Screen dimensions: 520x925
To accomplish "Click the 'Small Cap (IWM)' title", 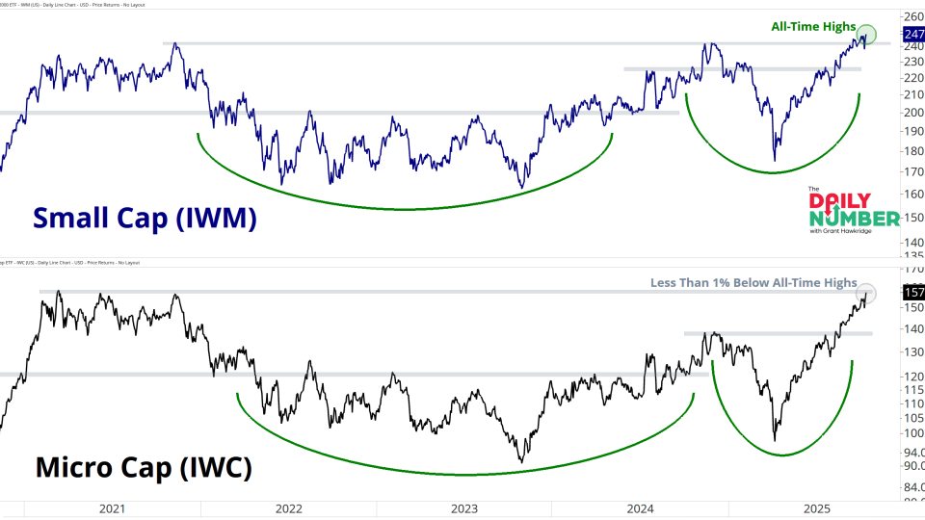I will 145,218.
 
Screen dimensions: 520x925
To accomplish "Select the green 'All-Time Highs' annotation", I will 813,26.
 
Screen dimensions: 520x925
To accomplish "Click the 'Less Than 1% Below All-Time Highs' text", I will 753,282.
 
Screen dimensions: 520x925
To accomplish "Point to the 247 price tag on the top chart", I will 912,34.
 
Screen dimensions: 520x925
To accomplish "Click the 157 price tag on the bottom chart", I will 912,292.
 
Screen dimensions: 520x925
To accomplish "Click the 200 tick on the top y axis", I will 912,112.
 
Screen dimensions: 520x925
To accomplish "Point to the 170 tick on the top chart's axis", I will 912,172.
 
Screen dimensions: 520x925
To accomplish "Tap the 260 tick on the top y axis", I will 912,17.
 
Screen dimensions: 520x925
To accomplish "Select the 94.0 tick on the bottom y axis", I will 912,451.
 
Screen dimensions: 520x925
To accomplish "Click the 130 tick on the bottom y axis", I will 912,351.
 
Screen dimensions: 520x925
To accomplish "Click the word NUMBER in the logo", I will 840,220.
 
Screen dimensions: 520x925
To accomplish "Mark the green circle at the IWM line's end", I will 867,35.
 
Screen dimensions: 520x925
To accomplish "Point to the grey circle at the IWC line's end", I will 866,293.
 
